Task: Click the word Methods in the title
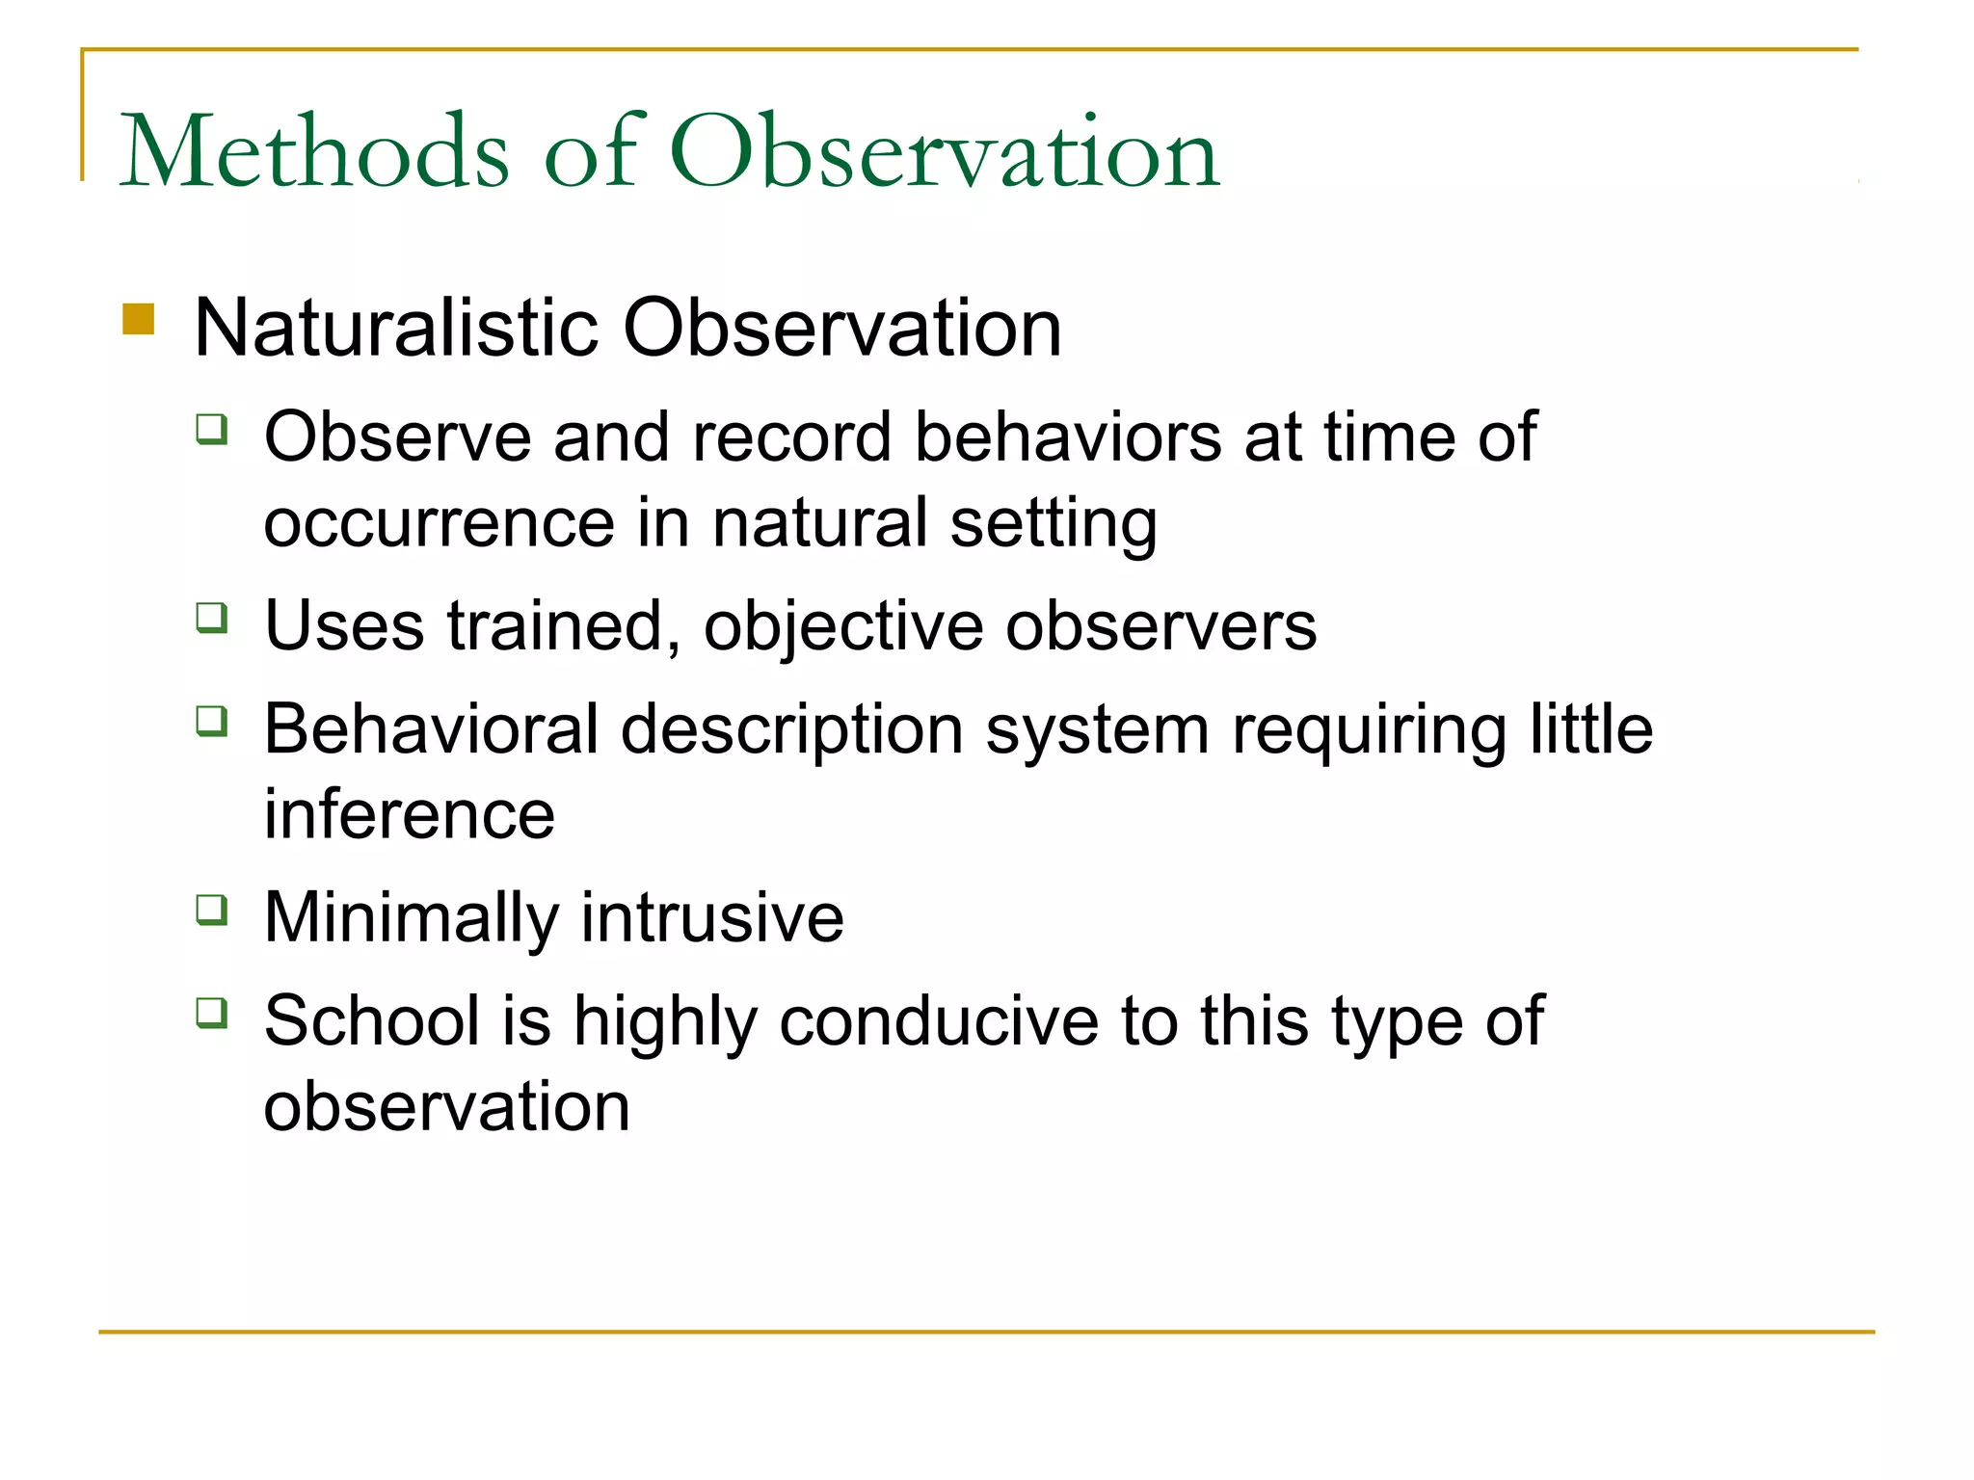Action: pyautogui.click(x=313, y=152)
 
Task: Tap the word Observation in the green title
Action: pyautogui.click(x=945, y=152)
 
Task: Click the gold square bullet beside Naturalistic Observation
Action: pyautogui.click(x=139, y=319)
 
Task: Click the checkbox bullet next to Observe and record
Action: pyautogui.click(x=212, y=428)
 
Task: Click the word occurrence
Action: pyautogui.click(x=439, y=524)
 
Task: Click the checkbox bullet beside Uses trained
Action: pyautogui.click(x=212, y=617)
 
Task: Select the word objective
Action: pyautogui.click(x=843, y=628)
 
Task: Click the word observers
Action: pyautogui.click(x=1160, y=626)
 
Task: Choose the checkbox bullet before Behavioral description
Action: pyautogui.click(x=212, y=720)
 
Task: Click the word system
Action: pyautogui.click(x=1097, y=731)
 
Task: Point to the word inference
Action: pyautogui.click(x=410, y=814)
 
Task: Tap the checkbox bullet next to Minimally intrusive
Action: pyautogui.click(x=212, y=909)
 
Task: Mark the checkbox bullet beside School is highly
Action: pyautogui.click(x=212, y=1012)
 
